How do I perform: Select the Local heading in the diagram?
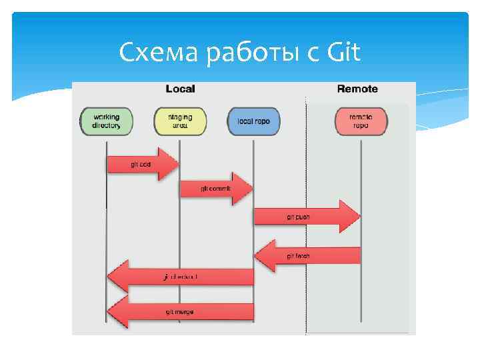click(x=180, y=89)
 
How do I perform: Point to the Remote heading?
click(x=357, y=89)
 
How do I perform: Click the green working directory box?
click(x=107, y=121)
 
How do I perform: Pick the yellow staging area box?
click(x=180, y=121)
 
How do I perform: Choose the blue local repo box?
click(x=253, y=121)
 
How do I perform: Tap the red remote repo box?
click(x=361, y=121)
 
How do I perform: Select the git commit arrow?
click(x=216, y=189)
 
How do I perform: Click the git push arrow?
click(x=307, y=217)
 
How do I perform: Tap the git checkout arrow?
click(x=180, y=276)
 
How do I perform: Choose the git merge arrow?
click(x=180, y=311)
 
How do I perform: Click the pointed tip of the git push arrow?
click(x=359, y=217)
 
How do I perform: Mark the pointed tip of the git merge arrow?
click(x=109, y=311)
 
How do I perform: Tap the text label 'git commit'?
click(x=215, y=189)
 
